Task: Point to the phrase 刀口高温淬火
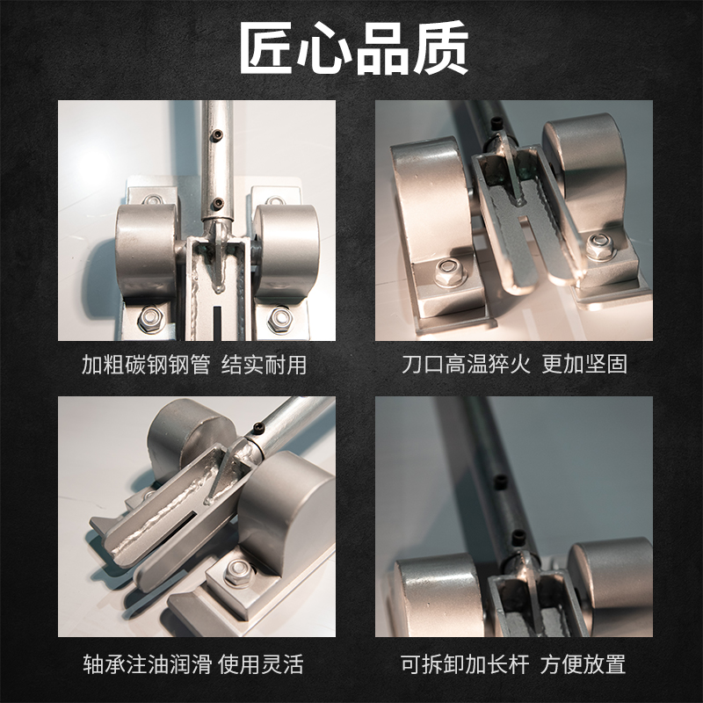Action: pos(467,365)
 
